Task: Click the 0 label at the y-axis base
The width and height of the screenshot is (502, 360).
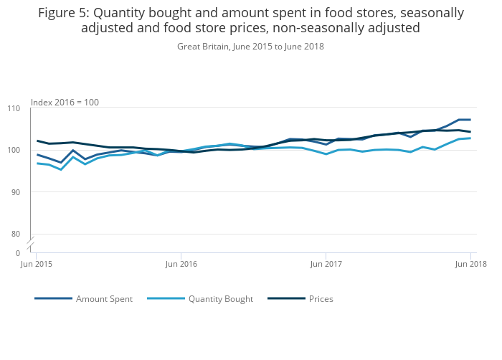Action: [x=19, y=253]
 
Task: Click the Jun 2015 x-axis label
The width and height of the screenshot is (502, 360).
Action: [x=36, y=264]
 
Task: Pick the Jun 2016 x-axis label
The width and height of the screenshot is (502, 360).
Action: [x=181, y=264]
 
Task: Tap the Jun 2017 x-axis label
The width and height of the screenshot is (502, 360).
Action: [x=326, y=264]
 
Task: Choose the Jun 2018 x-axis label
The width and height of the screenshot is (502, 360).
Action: [x=470, y=264]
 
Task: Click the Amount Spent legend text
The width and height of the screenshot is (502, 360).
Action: [x=104, y=299]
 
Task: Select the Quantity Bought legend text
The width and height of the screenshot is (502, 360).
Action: [x=221, y=299]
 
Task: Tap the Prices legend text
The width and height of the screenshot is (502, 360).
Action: [x=321, y=299]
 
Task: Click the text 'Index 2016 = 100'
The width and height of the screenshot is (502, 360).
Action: [x=65, y=103]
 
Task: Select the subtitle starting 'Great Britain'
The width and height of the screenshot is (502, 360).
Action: [x=250, y=47]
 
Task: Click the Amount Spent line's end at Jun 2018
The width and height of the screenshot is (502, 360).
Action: [x=470, y=120]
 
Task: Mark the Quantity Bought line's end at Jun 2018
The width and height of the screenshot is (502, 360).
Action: [x=470, y=138]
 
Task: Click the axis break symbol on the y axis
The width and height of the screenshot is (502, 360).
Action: [x=32, y=244]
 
